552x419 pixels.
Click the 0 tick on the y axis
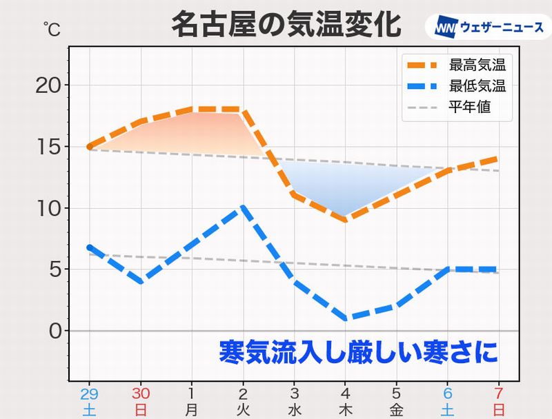55,331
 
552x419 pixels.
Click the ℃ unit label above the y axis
51,29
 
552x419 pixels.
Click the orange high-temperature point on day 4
344,220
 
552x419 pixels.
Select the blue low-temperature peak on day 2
243,207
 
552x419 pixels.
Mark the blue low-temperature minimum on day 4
344,318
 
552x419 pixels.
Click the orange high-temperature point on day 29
90,147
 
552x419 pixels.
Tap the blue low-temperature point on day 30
141,281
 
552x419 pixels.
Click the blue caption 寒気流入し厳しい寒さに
357,352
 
